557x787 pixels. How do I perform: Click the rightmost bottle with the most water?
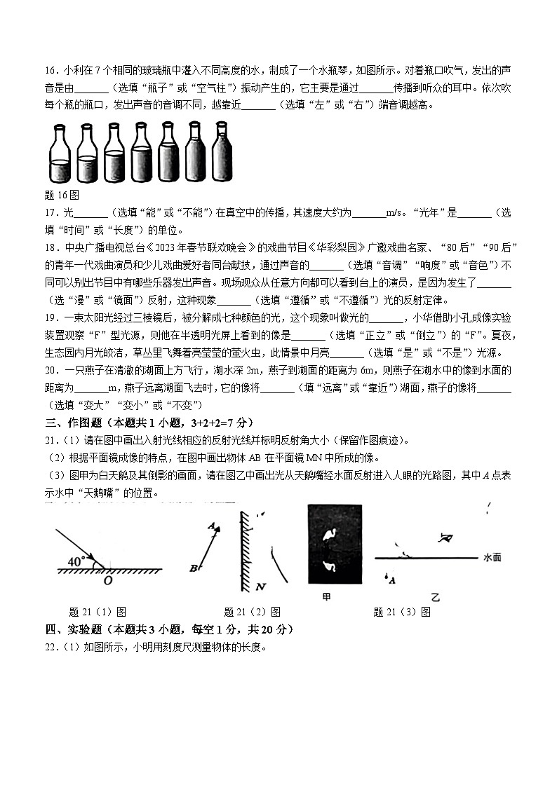[221, 153]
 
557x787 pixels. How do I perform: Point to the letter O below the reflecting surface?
[107, 580]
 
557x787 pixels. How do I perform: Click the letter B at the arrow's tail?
[193, 568]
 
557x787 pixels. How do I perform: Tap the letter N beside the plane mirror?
[260, 585]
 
